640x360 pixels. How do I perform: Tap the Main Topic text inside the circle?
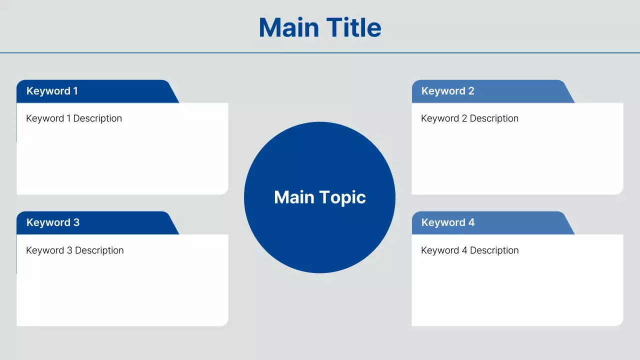click(320, 197)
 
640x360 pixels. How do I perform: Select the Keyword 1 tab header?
click(52, 91)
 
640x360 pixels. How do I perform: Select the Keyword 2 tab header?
click(447, 91)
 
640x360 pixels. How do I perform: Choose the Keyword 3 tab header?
click(52, 222)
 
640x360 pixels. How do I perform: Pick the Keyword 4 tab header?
click(447, 222)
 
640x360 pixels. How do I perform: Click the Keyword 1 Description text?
click(74, 118)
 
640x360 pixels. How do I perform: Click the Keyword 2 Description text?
click(469, 118)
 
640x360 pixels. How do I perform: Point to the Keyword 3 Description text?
click(74, 250)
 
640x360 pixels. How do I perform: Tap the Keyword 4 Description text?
click(469, 250)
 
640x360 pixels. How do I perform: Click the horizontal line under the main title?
click(320, 52)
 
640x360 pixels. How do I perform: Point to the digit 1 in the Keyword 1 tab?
click(75, 91)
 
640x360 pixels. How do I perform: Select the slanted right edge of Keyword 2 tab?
click(569, 93)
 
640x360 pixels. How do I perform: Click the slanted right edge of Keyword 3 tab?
click(173, 224)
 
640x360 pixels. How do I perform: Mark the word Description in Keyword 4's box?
click(494, 250)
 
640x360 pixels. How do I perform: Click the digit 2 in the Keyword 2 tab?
click(471, 91)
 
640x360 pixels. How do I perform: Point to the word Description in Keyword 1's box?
click(97, 118)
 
